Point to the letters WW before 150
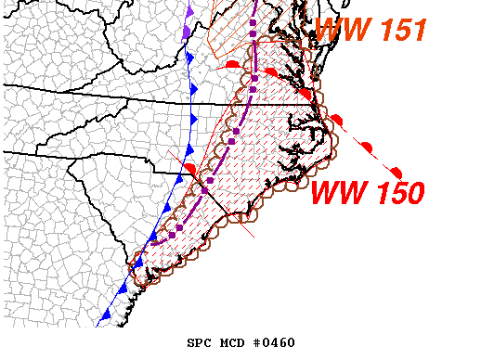336,194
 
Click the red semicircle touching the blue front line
189,167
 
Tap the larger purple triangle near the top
188,30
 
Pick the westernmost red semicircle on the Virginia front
233,63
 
